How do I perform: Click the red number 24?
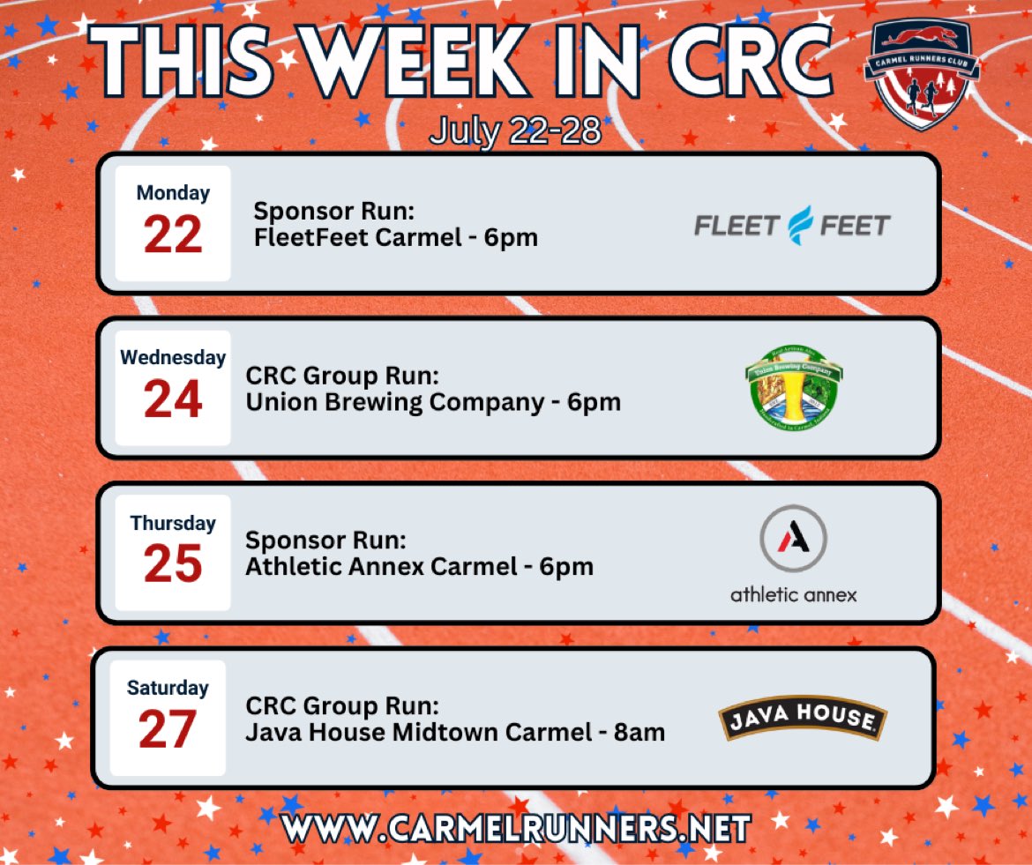pos(173,399)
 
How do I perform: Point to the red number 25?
pos(173,564)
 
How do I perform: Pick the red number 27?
pos(168,729)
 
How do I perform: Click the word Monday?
pos(173,193)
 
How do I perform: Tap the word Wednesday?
pos(173,358)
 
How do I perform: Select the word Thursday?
pos(173,523)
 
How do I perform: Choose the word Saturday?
pos(168,688)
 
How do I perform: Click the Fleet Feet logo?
pos(792,226)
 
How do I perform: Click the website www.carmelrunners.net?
pos(516,829)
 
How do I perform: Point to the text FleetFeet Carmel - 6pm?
pos(395,237)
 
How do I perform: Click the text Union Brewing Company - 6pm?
pos(433,402)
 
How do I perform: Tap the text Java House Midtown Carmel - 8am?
pos(455,732)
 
